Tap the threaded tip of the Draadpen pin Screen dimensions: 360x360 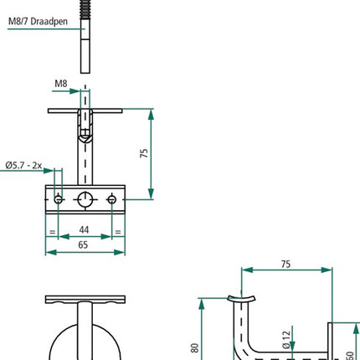pyautogui.click(x=86, y=18)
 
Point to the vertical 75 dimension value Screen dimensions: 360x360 pyautogui.click(x=144, y=153)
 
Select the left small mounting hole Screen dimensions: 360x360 pyautogui.click(x=58, y=199)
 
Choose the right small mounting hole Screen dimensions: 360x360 pyautogui.click(x=114, y=199)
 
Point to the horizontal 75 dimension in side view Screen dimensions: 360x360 pyautogui.click(x=285, y=263)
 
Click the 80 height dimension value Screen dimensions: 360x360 pyautogui.click(x=194, y=346)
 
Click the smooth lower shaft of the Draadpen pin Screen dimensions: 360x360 pyautogui.click(x=86, y=54)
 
